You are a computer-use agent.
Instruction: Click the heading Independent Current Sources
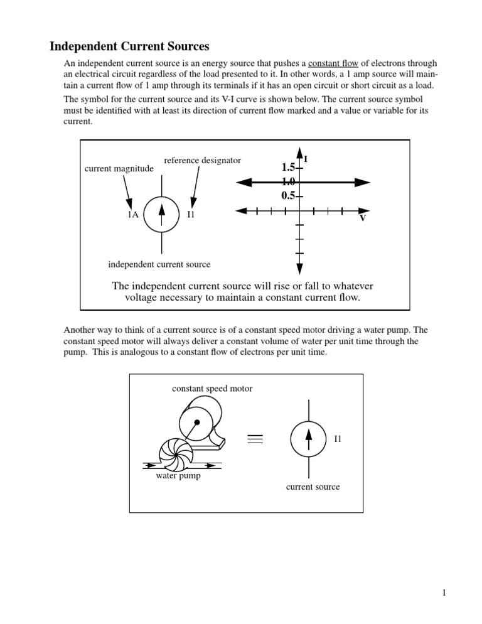(x=129, y=46)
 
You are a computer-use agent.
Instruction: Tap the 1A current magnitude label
(x=132, y=214)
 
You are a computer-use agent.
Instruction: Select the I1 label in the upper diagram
(x=192, y=214)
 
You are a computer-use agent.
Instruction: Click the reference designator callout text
(x=202, y=161)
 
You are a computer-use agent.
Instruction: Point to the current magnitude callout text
(x=119, y=169)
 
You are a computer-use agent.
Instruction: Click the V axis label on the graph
(x=363, y=219)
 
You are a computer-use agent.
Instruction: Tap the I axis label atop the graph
(x=305, y=159)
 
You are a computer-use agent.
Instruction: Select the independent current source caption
(x=160, y=264)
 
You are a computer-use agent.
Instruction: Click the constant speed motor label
(x=212, y=389)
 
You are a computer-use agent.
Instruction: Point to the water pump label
(x=178, y=475)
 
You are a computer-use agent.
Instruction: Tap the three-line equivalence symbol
(x=255, y=439)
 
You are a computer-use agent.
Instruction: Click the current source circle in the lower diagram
(x=308, y=439)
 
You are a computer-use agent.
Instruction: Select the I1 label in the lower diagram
(x=338, y=438)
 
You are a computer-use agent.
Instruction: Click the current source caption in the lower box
(x=313, y=487)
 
